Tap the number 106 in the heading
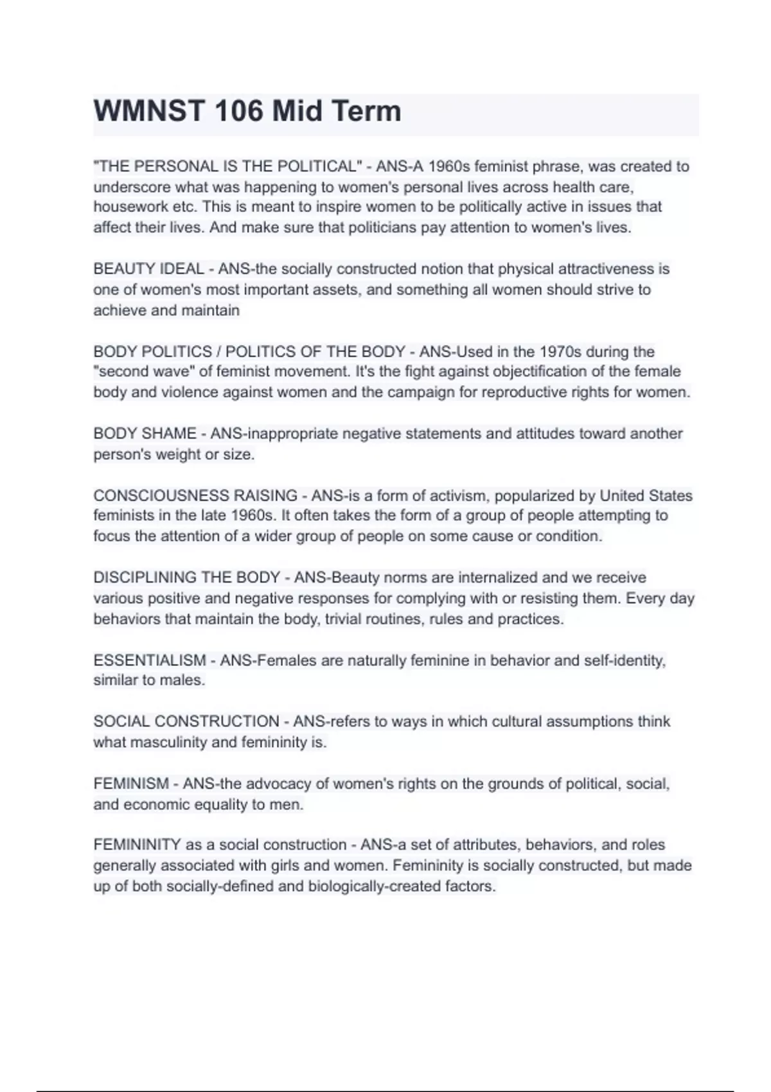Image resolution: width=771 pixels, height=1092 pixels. tap(238, 112)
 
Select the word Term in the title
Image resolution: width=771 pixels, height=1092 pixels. tap(368, 112)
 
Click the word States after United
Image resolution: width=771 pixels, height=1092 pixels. tap(671, 496)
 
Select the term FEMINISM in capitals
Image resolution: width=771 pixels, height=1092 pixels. tap(131, 784)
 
